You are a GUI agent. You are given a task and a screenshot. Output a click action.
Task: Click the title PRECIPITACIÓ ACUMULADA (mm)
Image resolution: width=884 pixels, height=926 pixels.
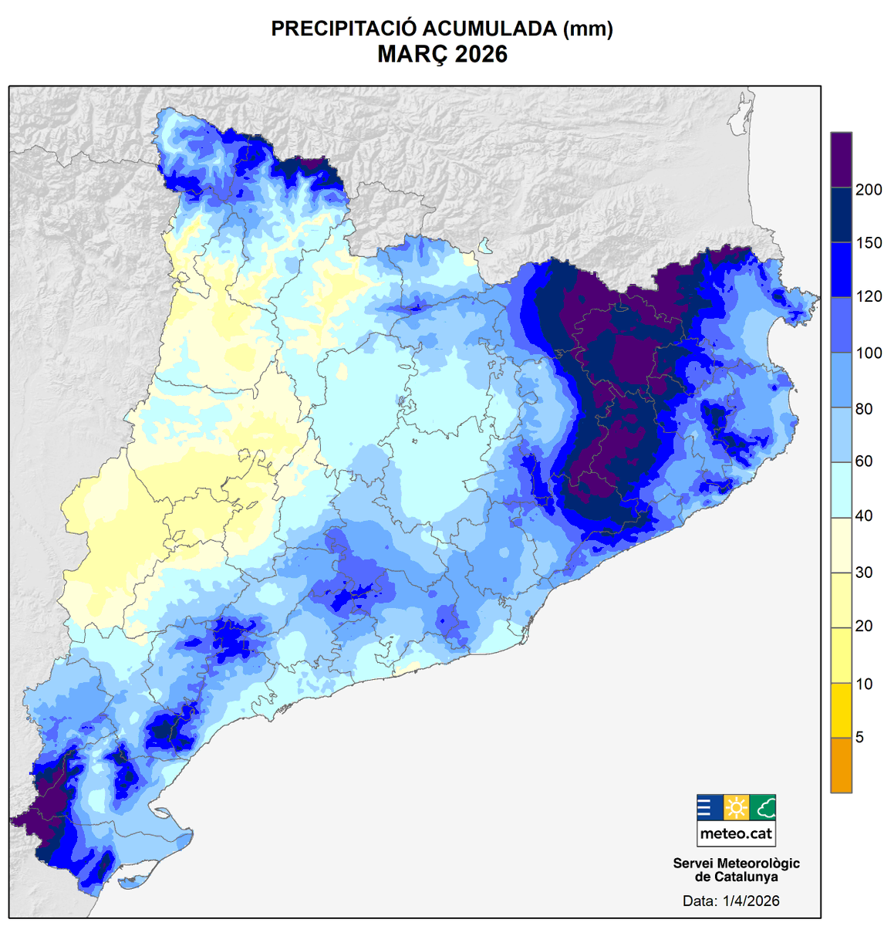point(442,29)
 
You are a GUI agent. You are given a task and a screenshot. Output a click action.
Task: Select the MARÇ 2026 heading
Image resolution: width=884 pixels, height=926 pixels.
point(442,55)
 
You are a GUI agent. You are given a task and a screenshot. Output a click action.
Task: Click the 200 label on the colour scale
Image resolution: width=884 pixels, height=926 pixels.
point(869,190)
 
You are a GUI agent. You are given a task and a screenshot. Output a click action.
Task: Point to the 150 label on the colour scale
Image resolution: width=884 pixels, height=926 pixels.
point(869,243)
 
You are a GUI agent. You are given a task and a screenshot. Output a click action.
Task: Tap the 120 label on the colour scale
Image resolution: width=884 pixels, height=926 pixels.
point(869,297)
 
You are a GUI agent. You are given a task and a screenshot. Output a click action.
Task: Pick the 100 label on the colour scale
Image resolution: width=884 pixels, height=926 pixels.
point(869,353)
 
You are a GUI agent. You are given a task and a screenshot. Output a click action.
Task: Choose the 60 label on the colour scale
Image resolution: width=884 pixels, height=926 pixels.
point(864,461)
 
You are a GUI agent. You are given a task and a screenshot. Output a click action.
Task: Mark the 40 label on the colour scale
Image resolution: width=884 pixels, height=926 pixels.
point(864,516)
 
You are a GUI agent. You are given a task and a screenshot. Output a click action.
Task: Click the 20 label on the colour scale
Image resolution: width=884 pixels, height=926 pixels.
point(864,627)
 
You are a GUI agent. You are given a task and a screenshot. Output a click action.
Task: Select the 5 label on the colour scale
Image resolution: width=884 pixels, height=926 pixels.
point(860,738)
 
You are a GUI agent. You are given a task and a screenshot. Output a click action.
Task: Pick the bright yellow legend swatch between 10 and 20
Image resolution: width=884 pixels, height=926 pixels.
point(841,655)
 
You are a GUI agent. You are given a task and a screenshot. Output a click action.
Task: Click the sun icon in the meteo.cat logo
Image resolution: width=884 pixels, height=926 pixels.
point(737,808)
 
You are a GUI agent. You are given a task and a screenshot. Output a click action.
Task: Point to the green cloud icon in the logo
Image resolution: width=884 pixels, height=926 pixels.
point(763,808)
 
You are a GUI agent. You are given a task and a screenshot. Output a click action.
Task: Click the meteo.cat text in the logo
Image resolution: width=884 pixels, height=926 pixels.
point(736,833)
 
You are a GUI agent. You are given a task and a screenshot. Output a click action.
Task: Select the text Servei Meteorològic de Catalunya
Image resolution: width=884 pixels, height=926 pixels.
point(736,870)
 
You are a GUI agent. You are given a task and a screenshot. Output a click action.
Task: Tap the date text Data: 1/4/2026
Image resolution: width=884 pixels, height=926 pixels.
point(730,901)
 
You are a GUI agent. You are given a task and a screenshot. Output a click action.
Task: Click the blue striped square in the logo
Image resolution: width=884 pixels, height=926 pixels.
point(710,808)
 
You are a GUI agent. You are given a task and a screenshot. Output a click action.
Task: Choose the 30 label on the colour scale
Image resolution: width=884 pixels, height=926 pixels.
point(864,573)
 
